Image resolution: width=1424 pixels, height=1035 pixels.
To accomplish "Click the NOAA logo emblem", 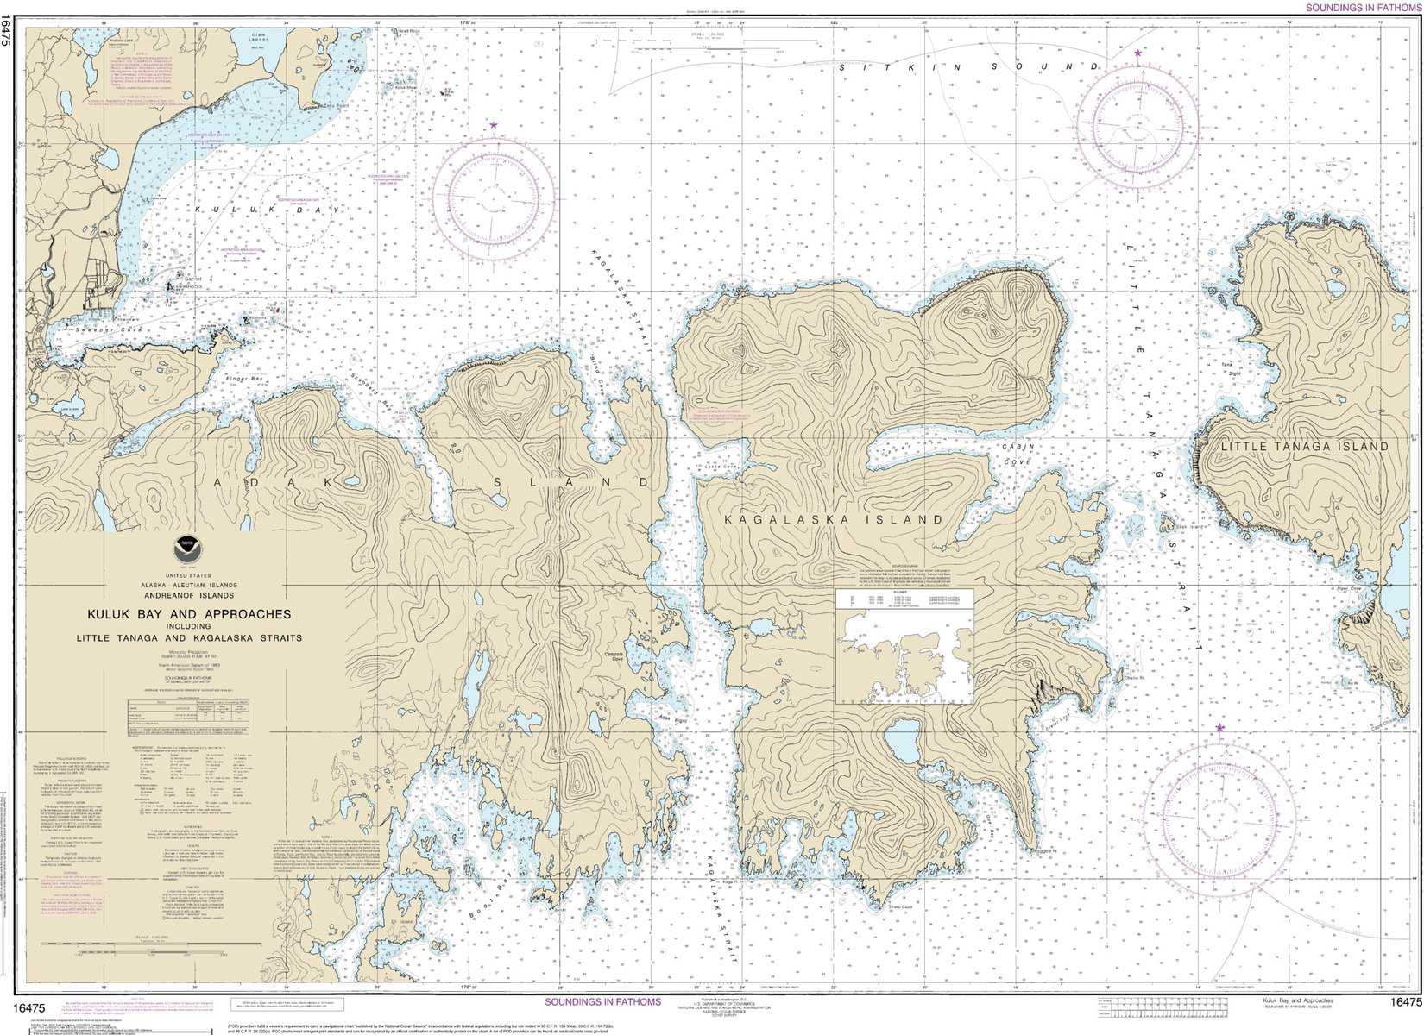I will point(184,546).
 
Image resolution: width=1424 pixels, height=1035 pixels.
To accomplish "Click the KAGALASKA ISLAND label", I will point(834,520).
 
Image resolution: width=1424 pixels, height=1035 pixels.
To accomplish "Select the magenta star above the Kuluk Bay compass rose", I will point(494,125).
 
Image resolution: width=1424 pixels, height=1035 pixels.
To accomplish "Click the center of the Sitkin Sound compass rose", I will point(1137,127).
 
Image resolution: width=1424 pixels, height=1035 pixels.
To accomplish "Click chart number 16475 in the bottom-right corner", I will point(1405,1001).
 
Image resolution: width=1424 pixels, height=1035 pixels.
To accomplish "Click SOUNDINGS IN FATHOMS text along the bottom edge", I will point(602,1001).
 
